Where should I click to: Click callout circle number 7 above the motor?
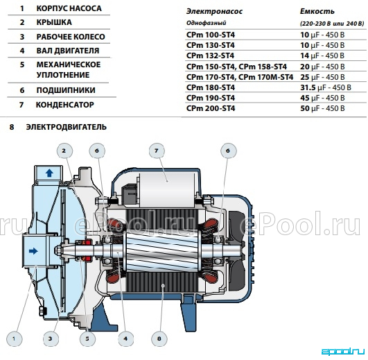coord(157,151)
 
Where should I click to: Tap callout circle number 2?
coord(64,151)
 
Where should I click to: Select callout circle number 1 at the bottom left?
coord(14,338)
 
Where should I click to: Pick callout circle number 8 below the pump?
coord(159,338)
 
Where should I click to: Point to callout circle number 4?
coord(125,338)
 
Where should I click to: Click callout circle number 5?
coord(87,338)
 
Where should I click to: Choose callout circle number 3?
coord(51,338)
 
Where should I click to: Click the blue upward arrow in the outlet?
coord(49,173)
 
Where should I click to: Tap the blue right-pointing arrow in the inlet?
coord(33,251)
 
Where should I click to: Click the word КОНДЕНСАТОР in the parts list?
coord(64,105)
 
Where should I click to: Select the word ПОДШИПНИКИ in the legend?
coord(66,90)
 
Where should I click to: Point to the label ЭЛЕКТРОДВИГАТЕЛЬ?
coord(67,127)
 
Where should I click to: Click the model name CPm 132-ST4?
coord(210,55)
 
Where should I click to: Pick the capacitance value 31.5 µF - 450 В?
coord(326,87)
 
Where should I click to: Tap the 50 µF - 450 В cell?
coord(322,108)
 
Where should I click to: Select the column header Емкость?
coord(317,11)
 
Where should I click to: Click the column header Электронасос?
coord(214,12)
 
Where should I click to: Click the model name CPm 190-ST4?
coord(211,98)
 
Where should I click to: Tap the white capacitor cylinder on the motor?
coord(167,190)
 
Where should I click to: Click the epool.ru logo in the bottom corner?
coord(342,351)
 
